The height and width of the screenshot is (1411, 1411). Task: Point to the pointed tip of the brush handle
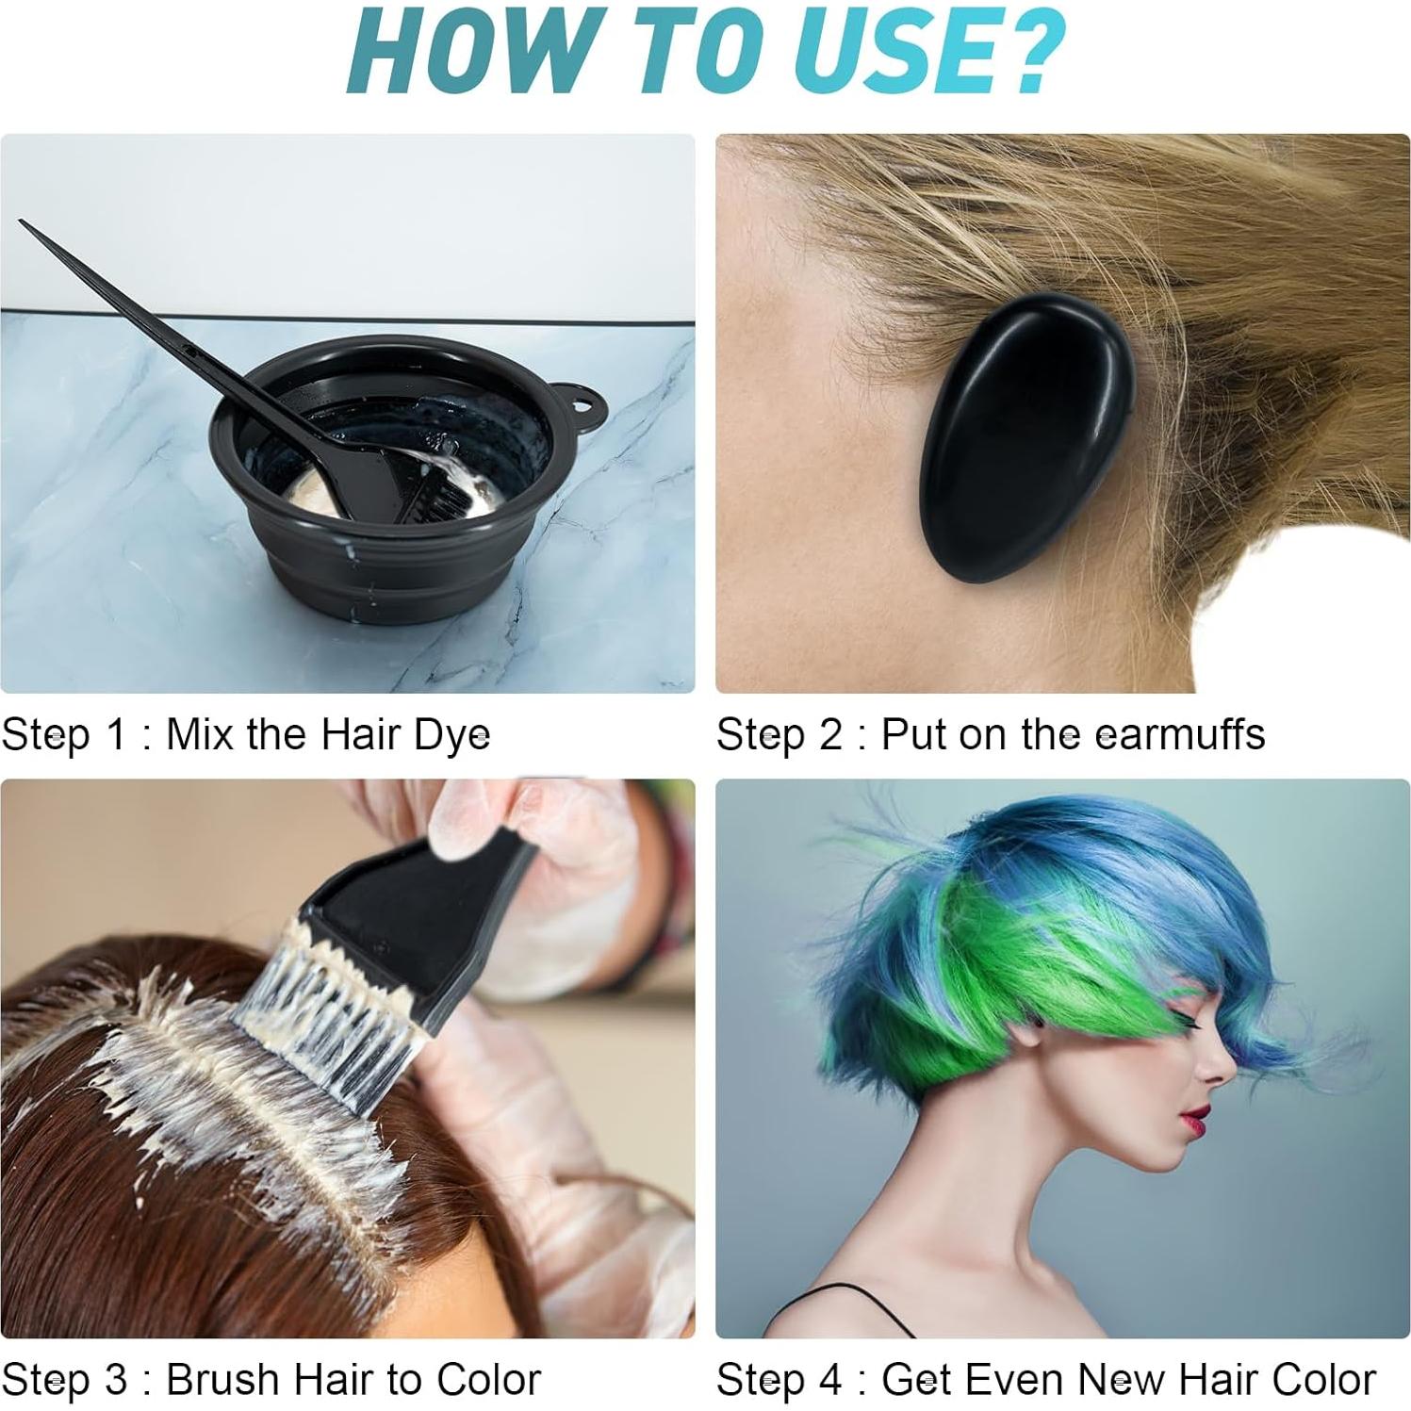pos(23,223)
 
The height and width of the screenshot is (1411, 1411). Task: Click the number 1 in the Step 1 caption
pos(117,734)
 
